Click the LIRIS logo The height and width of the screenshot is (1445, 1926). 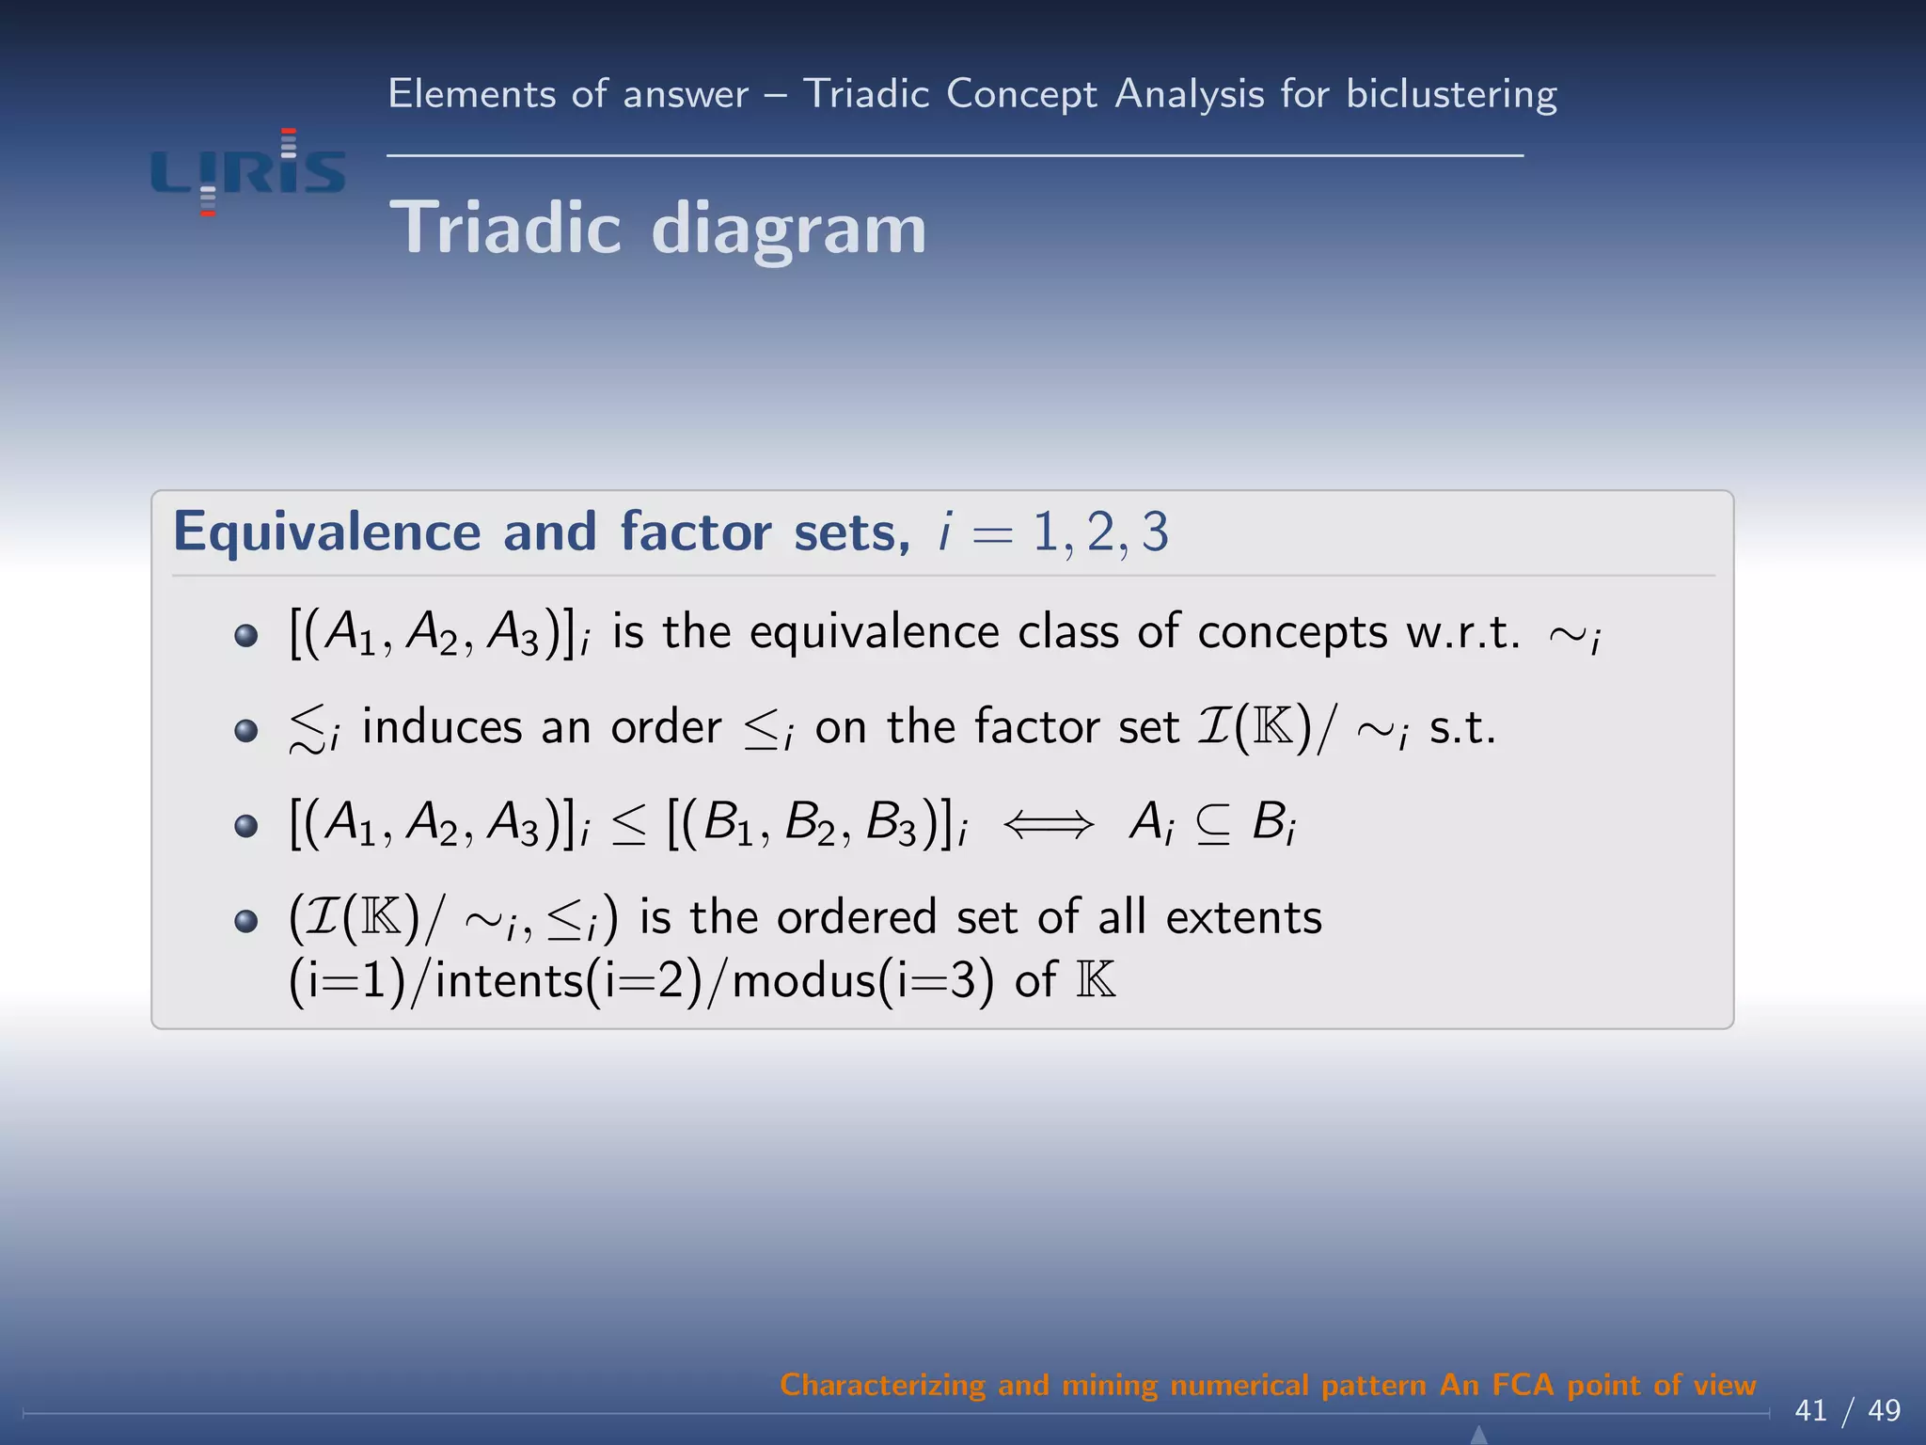(248, 172)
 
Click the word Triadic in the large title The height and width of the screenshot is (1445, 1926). (505, 229)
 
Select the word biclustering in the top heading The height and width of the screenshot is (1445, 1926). (1451, 95)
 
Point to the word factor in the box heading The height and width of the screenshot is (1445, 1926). (695, 532)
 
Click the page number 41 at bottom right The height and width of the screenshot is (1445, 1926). (1811, 1410)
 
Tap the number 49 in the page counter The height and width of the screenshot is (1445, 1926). (1884, 1410)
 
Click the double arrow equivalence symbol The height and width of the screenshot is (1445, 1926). (1049, 825)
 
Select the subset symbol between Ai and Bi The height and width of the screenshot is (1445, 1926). (1213, 825)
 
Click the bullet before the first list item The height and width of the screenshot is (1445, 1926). (245, 635)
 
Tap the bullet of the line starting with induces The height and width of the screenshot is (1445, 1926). (245, 730)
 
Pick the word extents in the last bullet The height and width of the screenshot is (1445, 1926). (1243, 917)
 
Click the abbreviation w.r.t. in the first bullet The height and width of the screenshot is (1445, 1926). (1462, 633)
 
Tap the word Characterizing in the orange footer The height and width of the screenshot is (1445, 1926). (882, 1385)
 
